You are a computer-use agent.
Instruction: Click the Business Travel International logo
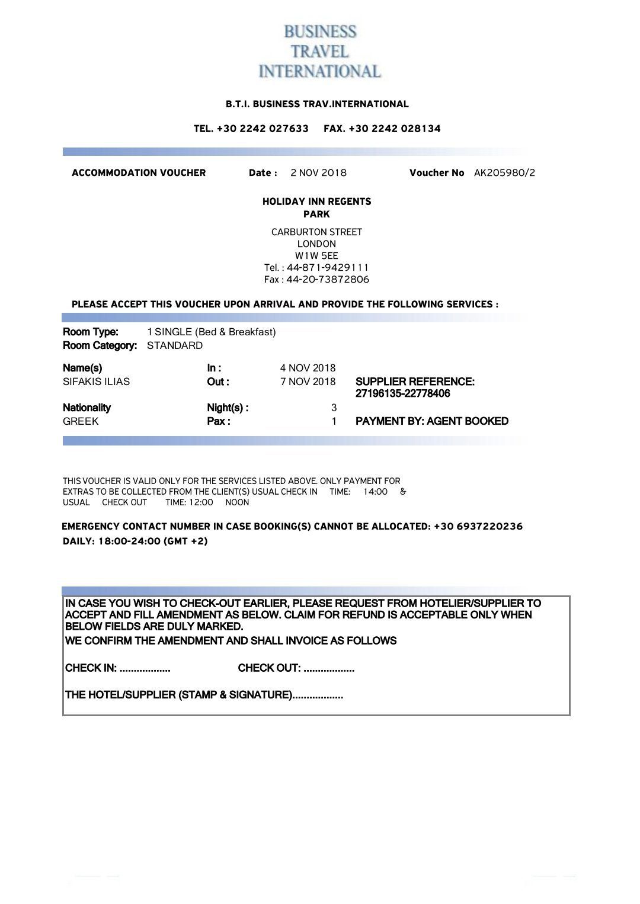click(x=319, y=52)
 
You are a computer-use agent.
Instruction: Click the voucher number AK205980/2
click(x=504, y=173)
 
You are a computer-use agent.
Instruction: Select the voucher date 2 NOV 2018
click(x=318, y=173)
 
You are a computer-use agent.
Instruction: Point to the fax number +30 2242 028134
click(x=395, y=129)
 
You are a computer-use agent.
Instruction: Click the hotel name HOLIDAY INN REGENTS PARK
click(x=316, y=208)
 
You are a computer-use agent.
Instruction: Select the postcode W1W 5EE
click(x=316, y=256)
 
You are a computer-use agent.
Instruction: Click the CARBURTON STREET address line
click(x=316, y=232)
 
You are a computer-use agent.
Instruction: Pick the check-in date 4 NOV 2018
click(x=308, y=368)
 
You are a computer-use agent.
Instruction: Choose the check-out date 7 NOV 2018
click(x=308, y=382)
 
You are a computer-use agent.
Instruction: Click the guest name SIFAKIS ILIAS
click(x=96, y=382)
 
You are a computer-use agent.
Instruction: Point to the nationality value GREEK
click(x=81, y=422)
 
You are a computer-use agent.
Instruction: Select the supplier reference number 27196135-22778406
click(x=402, y=394)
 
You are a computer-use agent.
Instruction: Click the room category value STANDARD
click(x=175, y=346)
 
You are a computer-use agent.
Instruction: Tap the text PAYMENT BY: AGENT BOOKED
click(x=431, y=421)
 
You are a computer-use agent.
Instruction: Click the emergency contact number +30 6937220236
click(x=478, y=527)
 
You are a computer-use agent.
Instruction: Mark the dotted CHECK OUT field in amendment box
click(x=328, y=669)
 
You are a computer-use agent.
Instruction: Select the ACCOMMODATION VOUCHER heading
click(x=139, y=173)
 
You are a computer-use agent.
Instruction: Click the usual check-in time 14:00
click(x=375, y=492)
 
